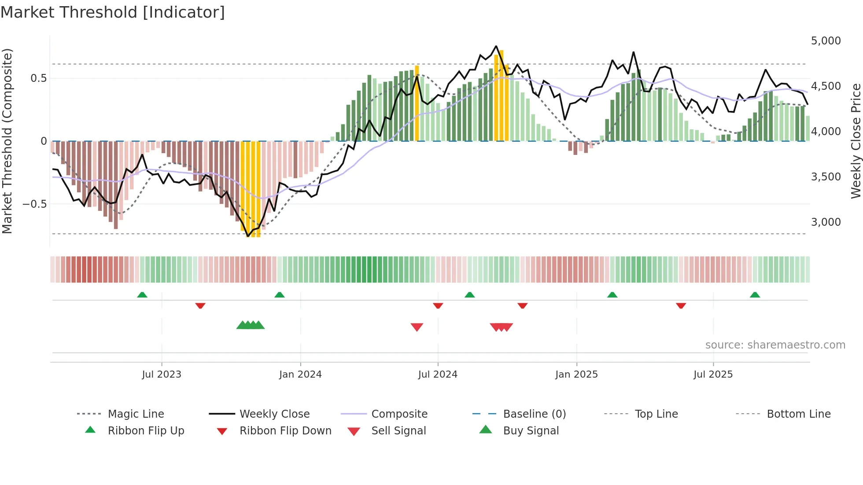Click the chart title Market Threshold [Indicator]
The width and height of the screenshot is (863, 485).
click(x=113, y=12)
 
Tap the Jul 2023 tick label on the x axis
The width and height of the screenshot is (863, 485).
click(x=161, y=375)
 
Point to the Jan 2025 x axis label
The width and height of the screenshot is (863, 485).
click(x=576, y=375)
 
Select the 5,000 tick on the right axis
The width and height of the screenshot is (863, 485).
click(x=826, y=41)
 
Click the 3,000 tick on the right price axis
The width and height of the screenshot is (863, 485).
click(x=826, y=222)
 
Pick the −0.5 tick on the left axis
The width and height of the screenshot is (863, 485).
click(x=34, y=204)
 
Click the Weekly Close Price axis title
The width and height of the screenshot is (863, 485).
click(x=856, y=141)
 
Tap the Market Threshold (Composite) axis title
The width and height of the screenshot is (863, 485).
click(x=7, y=141)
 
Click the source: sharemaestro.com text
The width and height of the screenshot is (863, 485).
click(x=775, y=345)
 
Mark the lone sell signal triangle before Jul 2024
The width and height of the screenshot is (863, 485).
click(x=417, y=327)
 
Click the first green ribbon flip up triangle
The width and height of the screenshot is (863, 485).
click(x=142, y=295)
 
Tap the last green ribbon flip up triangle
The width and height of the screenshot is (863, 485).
click(x=755, y=295)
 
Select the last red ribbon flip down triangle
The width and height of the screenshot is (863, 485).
click(x=681, y=305)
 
